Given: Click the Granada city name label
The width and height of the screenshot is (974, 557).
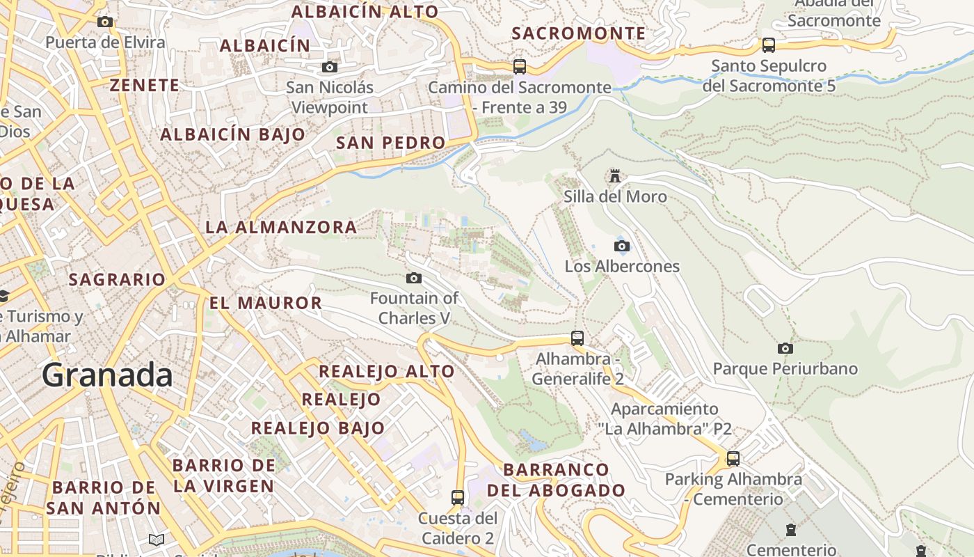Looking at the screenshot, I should coord(107,375).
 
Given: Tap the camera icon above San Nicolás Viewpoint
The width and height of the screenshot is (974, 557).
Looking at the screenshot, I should coord(329,68).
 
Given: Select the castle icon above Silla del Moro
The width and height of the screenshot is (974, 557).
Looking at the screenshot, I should coord(614,175).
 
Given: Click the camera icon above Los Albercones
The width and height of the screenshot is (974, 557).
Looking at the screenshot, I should coord(622,246).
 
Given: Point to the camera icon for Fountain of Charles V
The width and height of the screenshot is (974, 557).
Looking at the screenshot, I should coord(414,278).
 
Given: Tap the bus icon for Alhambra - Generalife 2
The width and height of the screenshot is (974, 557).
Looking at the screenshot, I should coord(577,338).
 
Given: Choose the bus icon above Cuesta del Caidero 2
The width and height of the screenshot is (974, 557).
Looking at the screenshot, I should coord(457,498).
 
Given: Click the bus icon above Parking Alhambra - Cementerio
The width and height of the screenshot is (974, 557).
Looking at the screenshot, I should coord(733,459).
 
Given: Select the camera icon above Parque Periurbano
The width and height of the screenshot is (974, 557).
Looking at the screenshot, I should coord(785,348).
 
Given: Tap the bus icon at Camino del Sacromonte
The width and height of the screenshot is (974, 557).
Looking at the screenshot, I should coord(519,67).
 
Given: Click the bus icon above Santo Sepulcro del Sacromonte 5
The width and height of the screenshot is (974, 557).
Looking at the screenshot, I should coord(768,45).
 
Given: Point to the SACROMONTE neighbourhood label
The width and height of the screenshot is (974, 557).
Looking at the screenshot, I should coord(579,33).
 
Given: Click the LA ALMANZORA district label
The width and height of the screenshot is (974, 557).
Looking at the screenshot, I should coord(281,227).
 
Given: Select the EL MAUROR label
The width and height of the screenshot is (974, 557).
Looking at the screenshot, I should coord(266,303).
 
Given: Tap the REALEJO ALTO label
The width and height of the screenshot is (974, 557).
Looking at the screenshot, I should coord(386,371).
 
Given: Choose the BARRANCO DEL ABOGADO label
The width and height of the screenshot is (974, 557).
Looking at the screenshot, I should coord(556,480).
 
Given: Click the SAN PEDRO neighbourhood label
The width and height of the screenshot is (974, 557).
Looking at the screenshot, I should coord(390,143).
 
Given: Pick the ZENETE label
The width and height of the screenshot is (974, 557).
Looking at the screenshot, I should coord(145,85).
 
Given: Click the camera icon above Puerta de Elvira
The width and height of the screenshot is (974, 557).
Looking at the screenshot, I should coord(105,22).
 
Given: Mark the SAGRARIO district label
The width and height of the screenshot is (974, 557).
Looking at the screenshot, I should coord(117,280).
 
